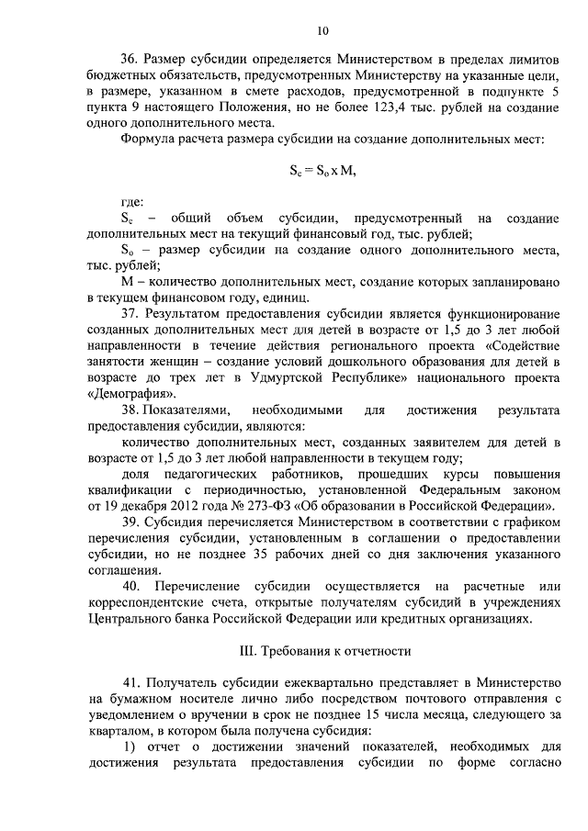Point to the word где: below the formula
pos(132,201)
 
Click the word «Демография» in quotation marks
pos(124,391)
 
